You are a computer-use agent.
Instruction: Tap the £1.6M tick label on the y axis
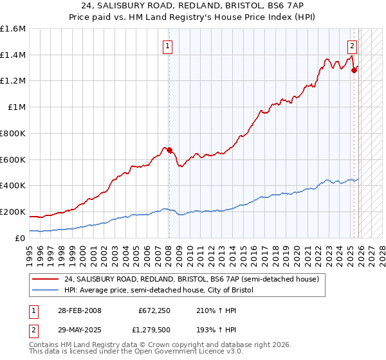pyautogui.click(x=13, y=29)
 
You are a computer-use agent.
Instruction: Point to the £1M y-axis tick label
pyautogui.click(x=17, y=107)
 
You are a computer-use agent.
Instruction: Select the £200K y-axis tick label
pyautogui.click(x=13, y=212)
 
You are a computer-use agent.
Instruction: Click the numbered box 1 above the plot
pyautogui.click(x=167, y=46)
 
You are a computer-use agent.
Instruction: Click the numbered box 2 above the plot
pyautogui.click(x=353, y=46)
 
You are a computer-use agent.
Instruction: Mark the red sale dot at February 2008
pyautogui.click(x=170, y=150)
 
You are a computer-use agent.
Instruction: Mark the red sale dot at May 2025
pyautogui.click(x=354, y=71)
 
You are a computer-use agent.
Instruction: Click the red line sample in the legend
pyautogui.click(x=46, y=279)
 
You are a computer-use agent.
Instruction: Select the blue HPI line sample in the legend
pyautogui.click(x=46, y=291)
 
